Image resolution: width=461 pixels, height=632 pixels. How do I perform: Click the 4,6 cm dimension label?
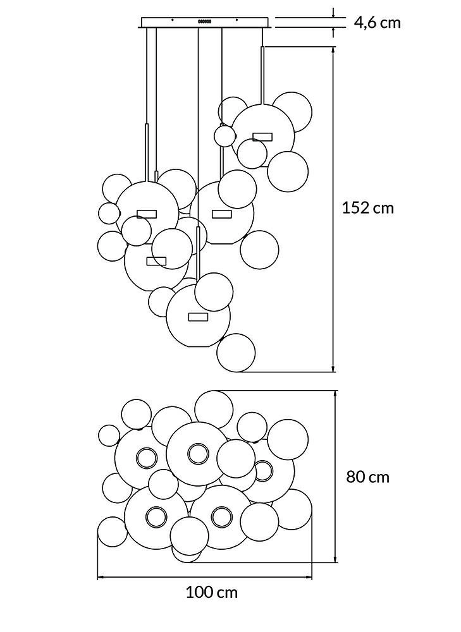[378, 23]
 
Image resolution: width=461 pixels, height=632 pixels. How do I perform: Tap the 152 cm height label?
[367, 208]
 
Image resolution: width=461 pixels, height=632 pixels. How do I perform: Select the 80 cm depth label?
[368, 477]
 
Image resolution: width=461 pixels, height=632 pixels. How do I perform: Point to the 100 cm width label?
[212, 592]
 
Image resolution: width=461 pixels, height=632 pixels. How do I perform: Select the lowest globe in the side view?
[236, 353]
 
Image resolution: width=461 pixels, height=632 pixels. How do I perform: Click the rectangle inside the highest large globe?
[262, 137]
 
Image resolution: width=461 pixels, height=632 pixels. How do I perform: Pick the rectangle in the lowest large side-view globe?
[198, 317]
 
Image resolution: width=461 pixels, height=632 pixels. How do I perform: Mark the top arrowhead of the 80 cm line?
[335, 393]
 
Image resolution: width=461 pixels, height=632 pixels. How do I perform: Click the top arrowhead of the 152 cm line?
[333, 51]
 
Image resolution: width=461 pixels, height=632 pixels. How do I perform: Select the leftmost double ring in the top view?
[146, 458]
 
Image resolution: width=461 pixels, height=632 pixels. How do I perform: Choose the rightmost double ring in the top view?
[263, 470]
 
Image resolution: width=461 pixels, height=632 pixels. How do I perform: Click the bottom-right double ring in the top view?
[221, 517]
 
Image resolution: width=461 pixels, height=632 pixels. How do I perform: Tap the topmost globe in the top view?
[214, 410]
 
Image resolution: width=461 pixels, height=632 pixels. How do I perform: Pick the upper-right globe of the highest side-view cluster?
[293, 112]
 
